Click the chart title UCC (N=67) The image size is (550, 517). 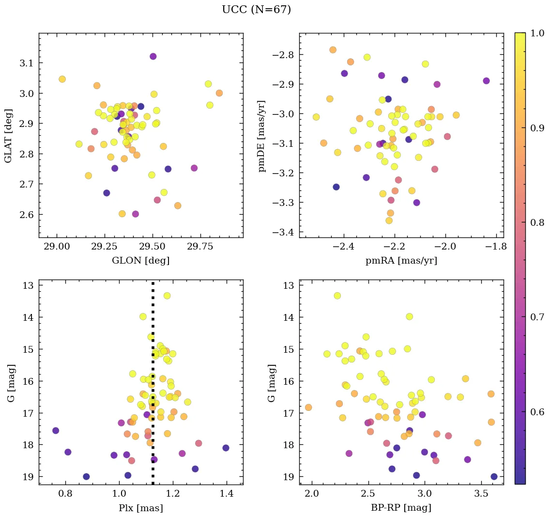point(256,10)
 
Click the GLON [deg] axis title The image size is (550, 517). point(140,261)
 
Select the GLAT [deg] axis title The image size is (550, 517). point(8,136)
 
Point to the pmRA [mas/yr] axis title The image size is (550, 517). point(401,261)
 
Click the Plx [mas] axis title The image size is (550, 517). point(140,508)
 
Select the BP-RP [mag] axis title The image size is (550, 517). point(401,508)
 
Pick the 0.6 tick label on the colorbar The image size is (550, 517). point(537,412)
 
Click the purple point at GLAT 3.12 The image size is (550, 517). point(153,56)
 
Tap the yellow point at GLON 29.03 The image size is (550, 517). point(62,79)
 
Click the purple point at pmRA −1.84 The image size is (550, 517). point(486,81)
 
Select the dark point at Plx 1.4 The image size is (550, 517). point(226,448)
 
